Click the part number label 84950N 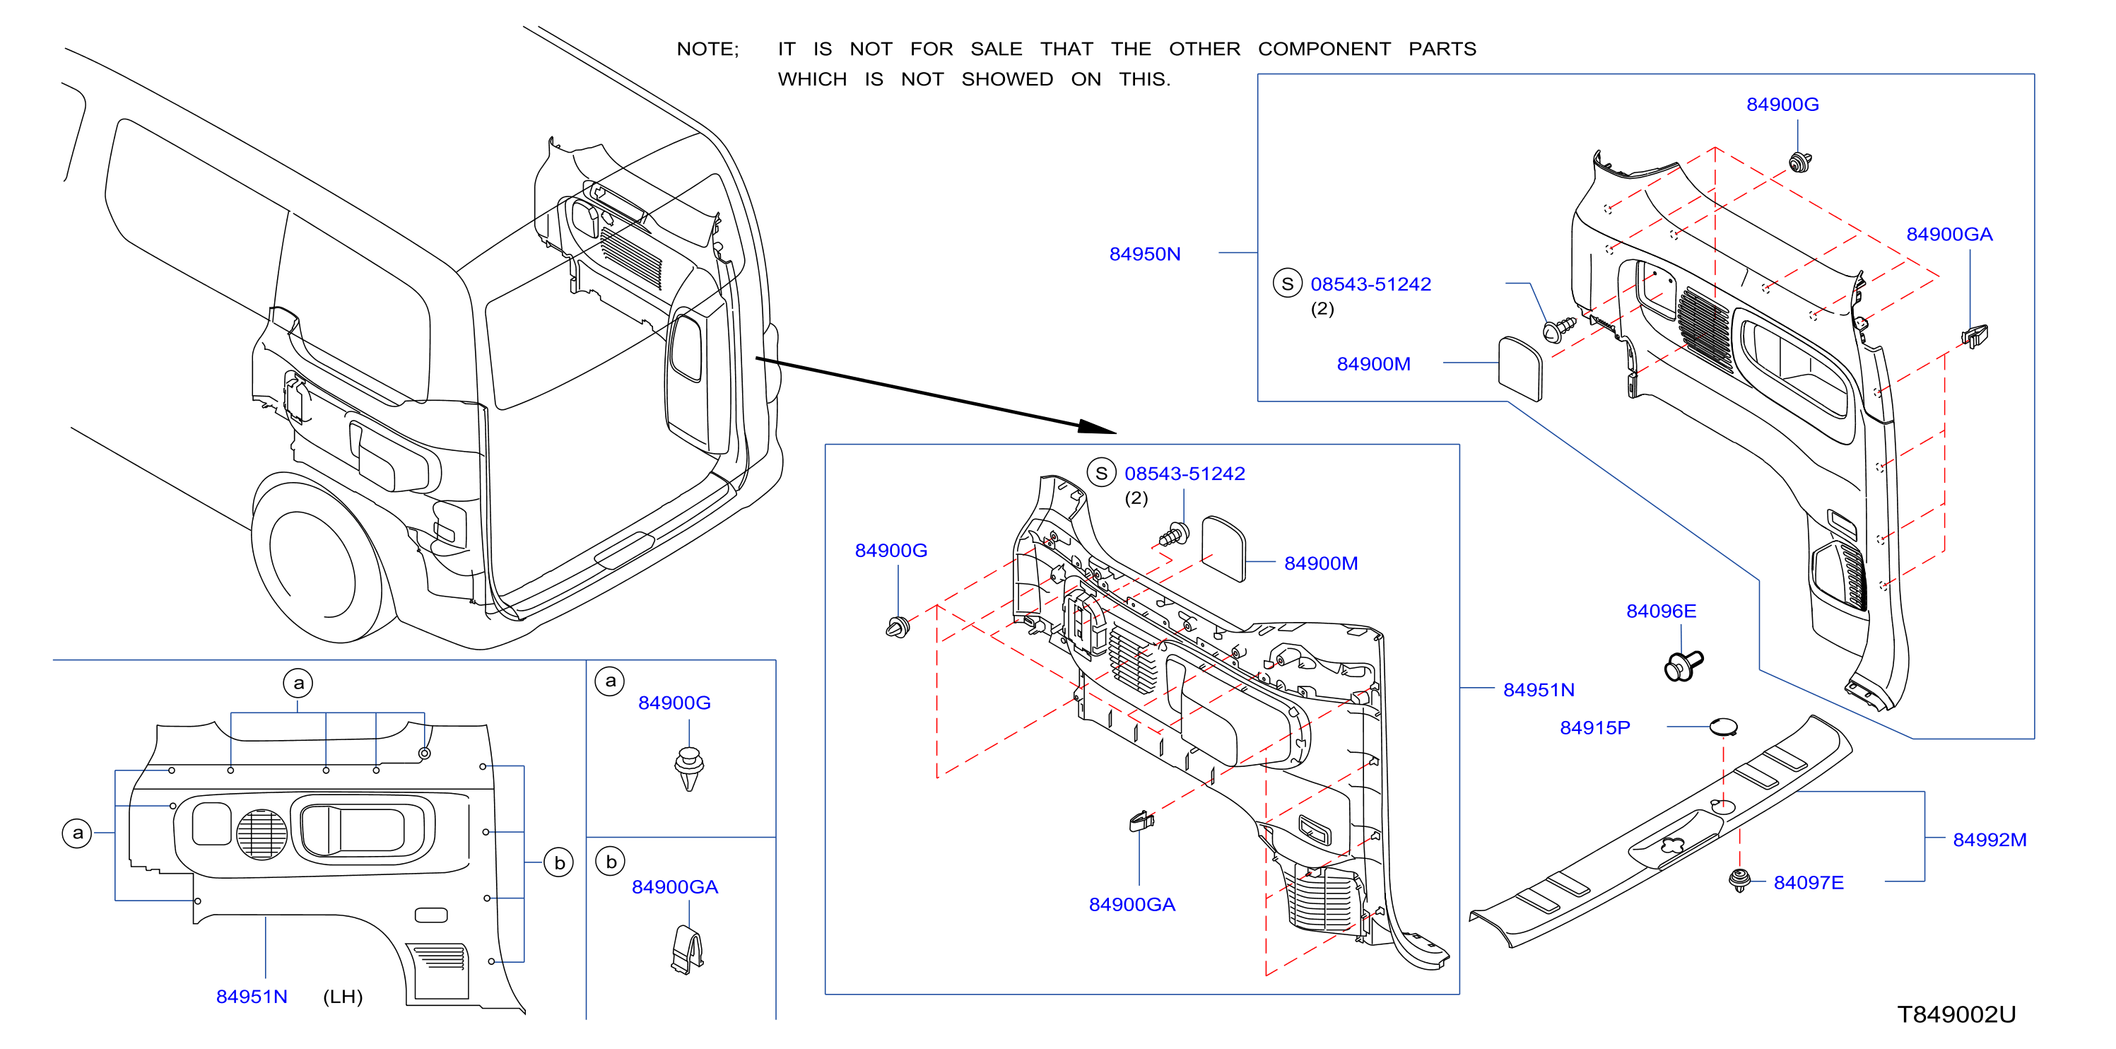[1144, 254]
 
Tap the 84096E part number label [1661, 611]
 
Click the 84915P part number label [1594, 728]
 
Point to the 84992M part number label [1989, 840]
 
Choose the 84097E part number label [1809, 882]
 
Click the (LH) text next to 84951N [343, 997]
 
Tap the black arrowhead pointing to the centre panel [1098, 426]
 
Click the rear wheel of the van [315, 558]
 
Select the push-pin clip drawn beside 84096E [1683, 664]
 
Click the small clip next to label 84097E [1738, 880]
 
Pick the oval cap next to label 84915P [1722, 726]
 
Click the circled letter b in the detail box [611, 862]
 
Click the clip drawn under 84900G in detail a [689, 768]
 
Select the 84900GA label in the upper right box [1949, 234]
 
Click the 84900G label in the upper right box [1782, 105]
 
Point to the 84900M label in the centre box [1321, 563]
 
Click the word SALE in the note [997, 49]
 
